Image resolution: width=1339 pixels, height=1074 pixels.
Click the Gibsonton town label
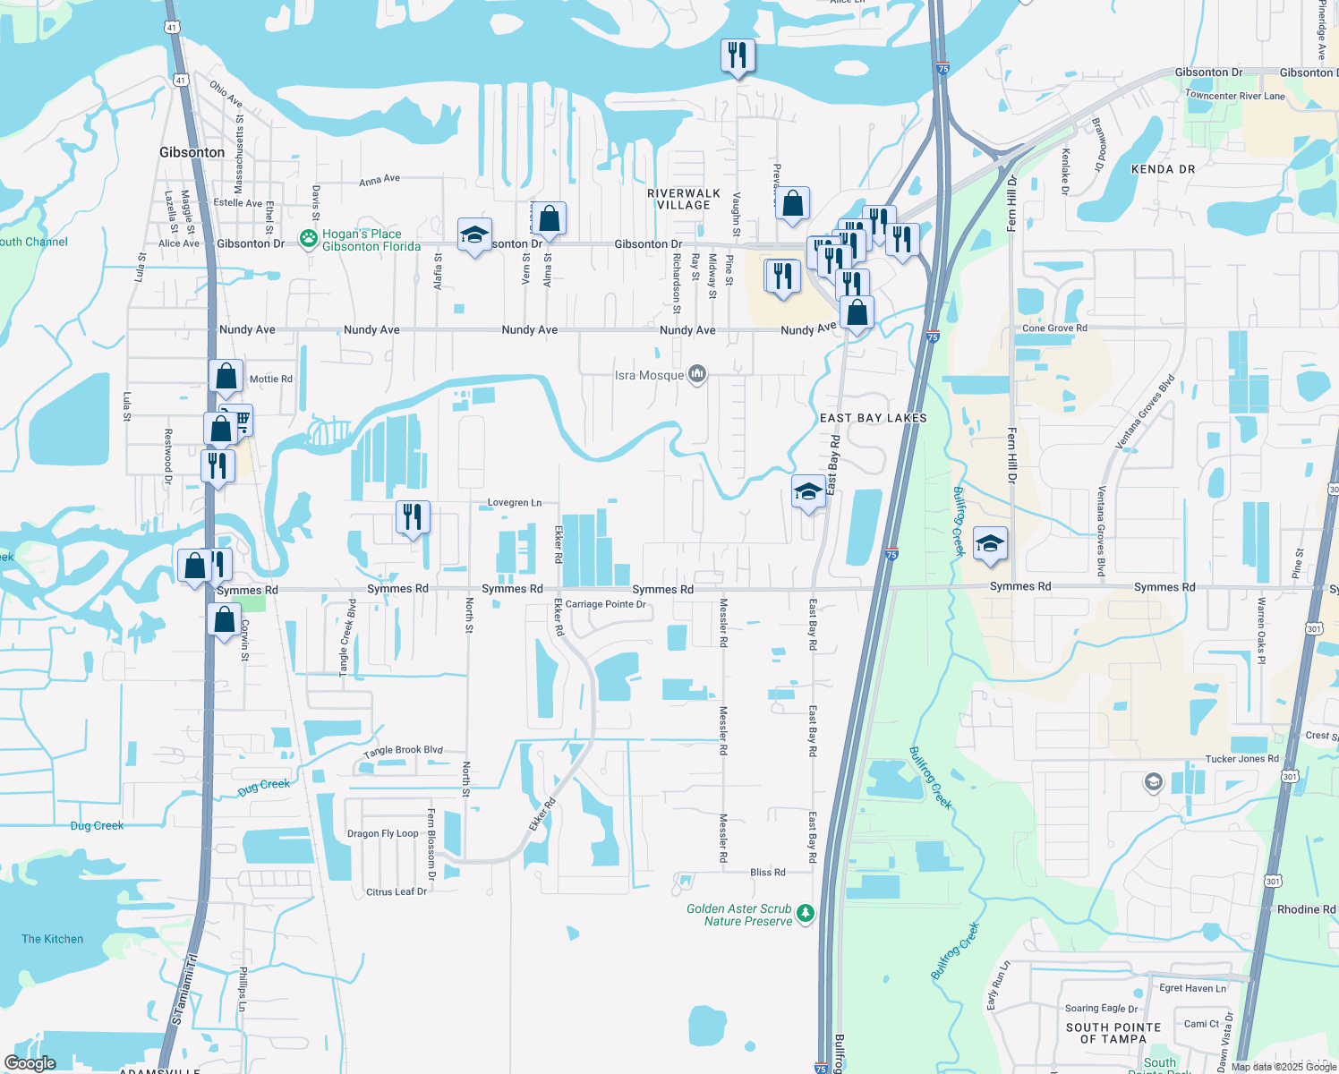tap(192, 152)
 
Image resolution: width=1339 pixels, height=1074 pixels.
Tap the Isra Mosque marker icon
tap(697, 375)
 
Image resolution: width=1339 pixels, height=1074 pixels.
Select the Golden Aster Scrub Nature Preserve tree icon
tap(806, 913)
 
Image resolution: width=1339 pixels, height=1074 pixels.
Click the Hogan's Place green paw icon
tap(309, 239)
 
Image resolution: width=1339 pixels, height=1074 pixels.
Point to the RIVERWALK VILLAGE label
tap(684, 199)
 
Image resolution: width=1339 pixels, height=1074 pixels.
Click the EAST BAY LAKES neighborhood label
tap(874, 418)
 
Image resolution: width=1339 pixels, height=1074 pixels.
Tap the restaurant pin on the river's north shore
tap(738, 56)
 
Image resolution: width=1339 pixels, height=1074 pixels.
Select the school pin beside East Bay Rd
tap(808, 491)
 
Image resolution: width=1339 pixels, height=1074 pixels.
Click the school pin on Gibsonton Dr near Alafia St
tap(474, 235)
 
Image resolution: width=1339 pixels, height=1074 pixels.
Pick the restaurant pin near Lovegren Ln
tap(413, 517)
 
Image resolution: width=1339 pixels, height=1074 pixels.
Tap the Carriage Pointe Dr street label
tap(605, 604)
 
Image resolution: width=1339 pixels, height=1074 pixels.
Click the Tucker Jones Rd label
tap(1241, 759)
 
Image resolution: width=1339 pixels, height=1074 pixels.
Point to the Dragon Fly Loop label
tap(382, 833)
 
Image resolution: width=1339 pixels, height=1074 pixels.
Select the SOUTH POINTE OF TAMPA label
tap(1113, 1033)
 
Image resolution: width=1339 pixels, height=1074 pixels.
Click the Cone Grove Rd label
tap(1054, 328)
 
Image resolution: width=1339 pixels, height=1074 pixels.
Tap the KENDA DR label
tap(1163, 169)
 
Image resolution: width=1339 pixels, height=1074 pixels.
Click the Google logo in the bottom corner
tap(30, 1062)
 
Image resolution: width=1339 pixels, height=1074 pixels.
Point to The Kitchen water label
tap(52, 939)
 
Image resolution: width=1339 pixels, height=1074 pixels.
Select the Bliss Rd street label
tap(767, 872)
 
